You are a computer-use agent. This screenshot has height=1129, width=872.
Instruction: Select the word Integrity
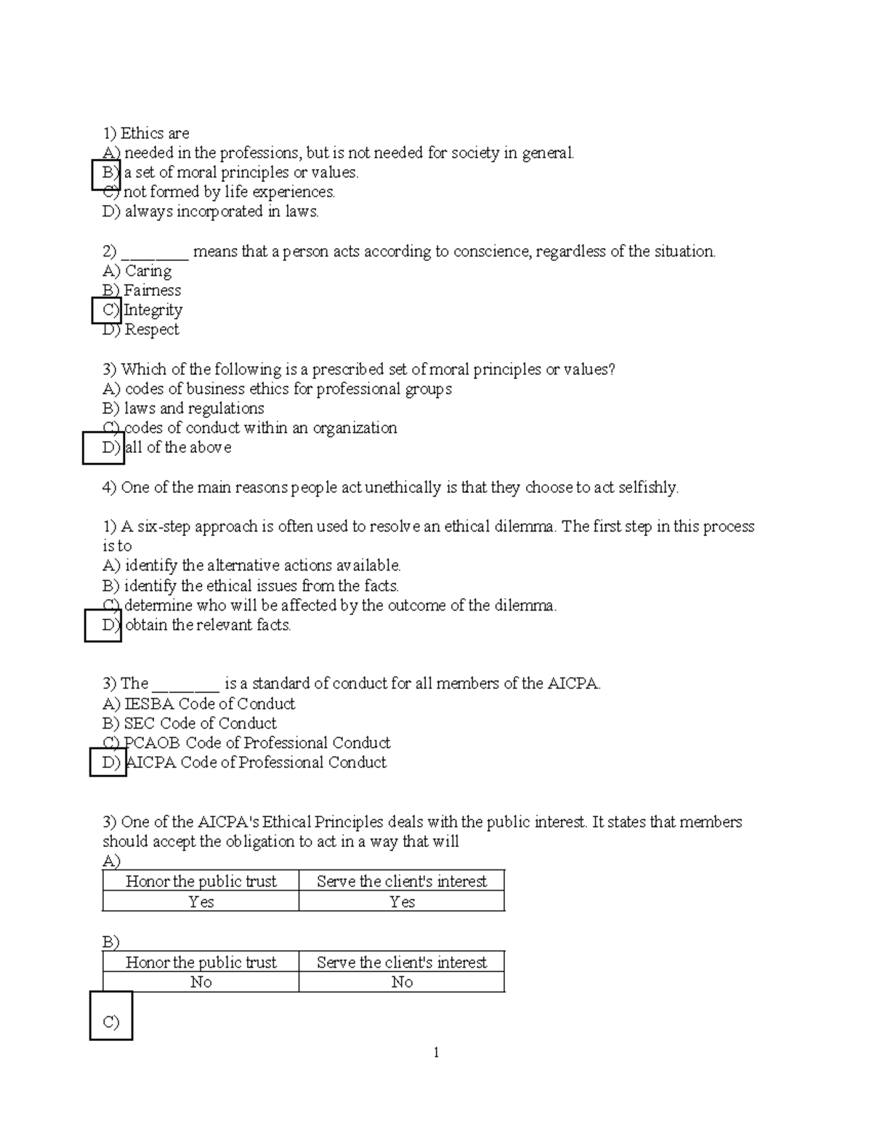click(153, 310)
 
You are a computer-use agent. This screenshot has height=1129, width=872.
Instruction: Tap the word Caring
click(148, 271)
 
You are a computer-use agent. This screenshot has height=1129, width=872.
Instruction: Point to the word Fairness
click(153, 291)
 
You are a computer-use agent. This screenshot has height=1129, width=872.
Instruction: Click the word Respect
click(152, 330)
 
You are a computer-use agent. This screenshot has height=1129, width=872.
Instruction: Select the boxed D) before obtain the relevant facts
click(103, 625)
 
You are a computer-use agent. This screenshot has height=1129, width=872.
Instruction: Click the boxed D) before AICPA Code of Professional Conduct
click(108, 763)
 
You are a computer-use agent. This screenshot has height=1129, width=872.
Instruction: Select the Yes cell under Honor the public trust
click(201, 901)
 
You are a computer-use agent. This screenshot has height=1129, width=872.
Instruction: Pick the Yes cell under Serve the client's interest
click(402, 901)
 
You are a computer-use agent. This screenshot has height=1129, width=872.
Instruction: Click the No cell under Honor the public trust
click(201, 982)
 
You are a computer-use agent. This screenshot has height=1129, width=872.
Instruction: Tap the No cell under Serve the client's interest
click(402, 982)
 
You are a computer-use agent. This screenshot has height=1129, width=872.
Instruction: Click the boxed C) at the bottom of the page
click(111, 1016)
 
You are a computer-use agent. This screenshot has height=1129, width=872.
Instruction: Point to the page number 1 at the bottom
click(436, 1053)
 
